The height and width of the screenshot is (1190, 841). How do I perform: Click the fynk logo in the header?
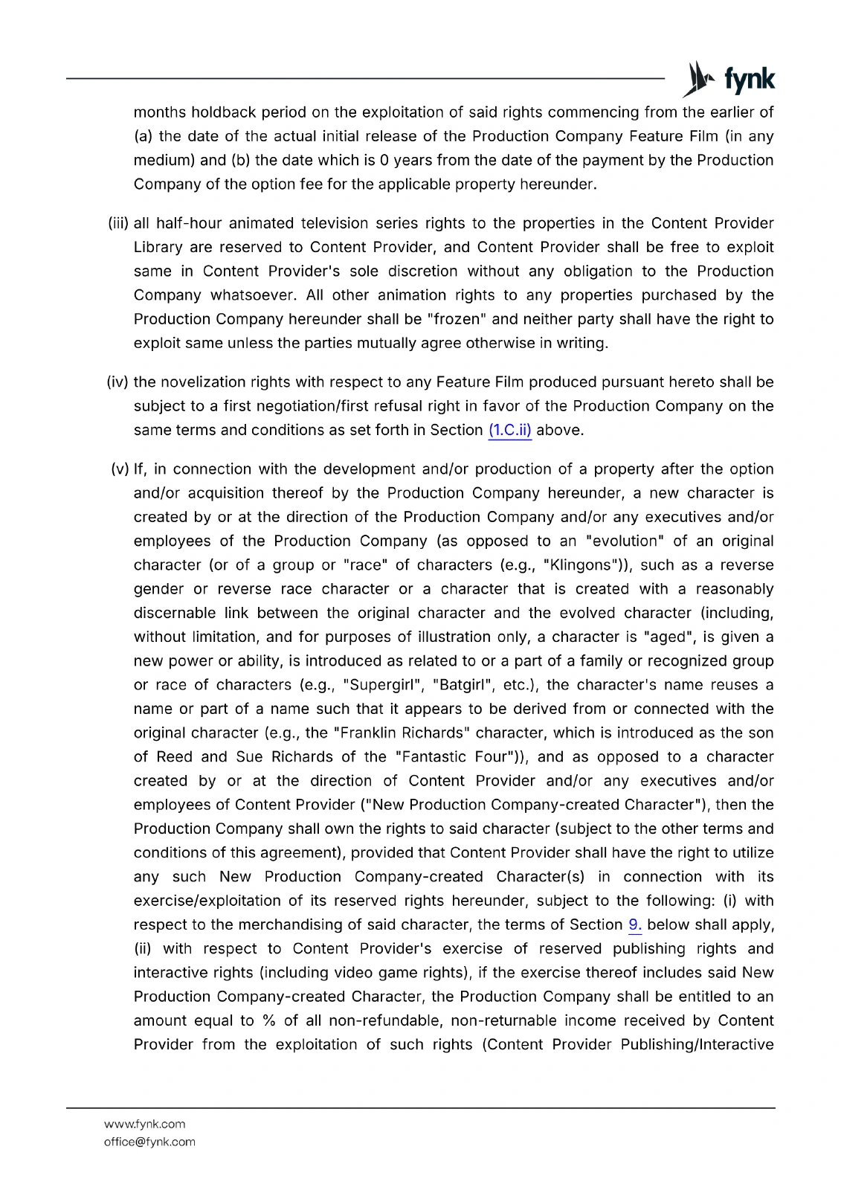click(x=729, y=79)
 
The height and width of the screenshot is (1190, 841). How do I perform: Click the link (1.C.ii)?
click(x=509, y=430)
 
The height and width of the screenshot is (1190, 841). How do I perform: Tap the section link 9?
click(x=634, y=924)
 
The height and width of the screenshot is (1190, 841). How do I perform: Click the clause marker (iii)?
click(x=118, y=223)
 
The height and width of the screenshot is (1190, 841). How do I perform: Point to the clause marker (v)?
click(x=120, y=469)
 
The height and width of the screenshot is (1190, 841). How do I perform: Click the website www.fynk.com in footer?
click(x=144, y=1124)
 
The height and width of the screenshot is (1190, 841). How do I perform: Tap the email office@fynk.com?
click(x=149, y=1142)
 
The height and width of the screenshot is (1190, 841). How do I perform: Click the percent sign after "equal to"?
click(x=268, y=1020)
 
